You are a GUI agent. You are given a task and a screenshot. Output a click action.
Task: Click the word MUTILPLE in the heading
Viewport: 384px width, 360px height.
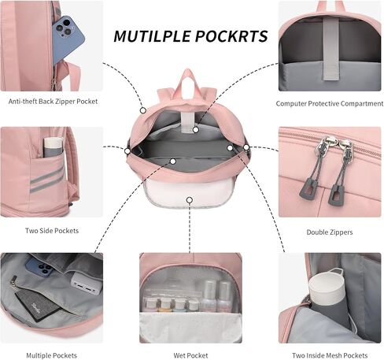pyautogui.click(x=152, y=36)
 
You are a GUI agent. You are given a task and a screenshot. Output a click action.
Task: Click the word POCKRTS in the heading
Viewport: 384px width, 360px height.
pyautogui.click(x=231, y=36)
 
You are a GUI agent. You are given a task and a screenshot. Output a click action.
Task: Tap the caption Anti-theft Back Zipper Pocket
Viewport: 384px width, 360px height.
pyautogui.click(x=53, y=102)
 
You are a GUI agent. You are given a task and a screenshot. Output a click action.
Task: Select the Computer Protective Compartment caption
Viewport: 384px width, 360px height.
pyautogui.click(x=330, y=104)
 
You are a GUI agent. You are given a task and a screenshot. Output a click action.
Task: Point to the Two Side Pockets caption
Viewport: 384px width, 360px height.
pyautogui.click(x=52, y=231)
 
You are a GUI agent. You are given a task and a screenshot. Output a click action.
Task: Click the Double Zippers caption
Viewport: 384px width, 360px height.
pyautogui.click(x=330, y=232)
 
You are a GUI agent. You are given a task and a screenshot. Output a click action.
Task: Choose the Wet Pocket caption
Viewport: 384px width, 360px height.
pyautogui.click(x=190, y=355)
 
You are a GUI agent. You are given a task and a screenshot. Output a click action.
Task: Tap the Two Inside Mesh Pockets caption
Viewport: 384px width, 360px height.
pyautogui.click(x=330, y=355)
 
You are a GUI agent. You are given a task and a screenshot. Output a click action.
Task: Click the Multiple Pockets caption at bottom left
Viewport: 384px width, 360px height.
pyautogui.click(x=52, y=355)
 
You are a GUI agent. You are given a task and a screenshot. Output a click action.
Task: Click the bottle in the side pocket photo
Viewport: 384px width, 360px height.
pyautogui.click(x=54, y=147)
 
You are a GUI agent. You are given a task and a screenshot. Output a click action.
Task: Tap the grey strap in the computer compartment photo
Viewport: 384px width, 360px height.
pyautogui.click(x=330, y=49)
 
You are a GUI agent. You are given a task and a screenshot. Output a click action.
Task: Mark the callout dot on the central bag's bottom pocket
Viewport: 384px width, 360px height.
pyautogui.click(x=190, y=200)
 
